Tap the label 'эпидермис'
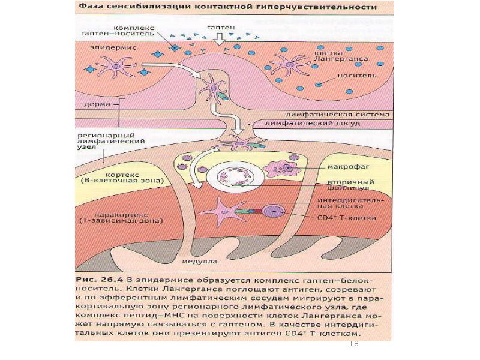click(110, 46)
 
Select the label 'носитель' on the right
click(358, 76)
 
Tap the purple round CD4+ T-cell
click(274, 211)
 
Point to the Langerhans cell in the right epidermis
click(288, 64)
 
